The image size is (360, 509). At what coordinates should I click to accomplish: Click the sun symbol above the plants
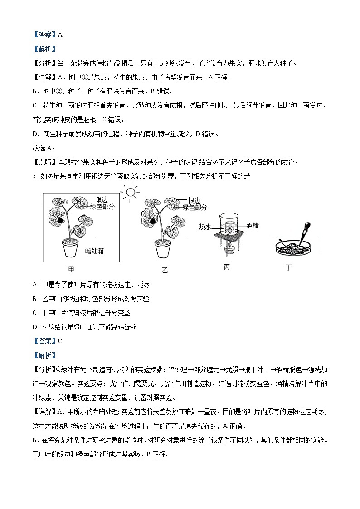[131, 193]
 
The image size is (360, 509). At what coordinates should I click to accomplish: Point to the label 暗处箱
[94, 251]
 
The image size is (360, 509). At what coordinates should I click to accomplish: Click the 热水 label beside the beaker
[205, 227]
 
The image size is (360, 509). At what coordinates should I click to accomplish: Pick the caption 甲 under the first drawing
[71, 269]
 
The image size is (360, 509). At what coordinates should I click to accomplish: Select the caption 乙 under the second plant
[165, 270]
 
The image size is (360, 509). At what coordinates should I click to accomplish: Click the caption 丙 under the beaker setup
[226, 267]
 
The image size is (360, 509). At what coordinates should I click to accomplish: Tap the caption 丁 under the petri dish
[289, 267]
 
